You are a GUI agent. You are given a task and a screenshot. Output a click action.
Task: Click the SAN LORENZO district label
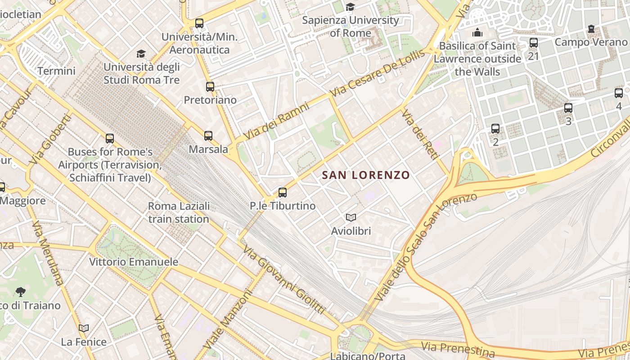pyautogui.click(x=366, y=175)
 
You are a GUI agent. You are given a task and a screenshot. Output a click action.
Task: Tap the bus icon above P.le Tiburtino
pyautogui.click(x=283, y=193)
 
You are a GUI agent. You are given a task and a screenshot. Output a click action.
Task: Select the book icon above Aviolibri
pyautogui.click(x=351, y=218)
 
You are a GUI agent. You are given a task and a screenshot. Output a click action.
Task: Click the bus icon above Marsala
pyautogui.click(x=208, y=135)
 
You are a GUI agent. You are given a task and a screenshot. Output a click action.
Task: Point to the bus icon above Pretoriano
pyautogui.click(x=210, y=86)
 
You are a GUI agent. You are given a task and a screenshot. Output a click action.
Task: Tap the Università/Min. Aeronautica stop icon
pyautogui.click(x=199, y=23)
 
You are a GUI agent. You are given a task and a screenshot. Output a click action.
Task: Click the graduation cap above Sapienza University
pyautogui.click(x=350, y=7)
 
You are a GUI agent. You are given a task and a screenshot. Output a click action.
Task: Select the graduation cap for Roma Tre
pyautogui.click(x=141, y=54)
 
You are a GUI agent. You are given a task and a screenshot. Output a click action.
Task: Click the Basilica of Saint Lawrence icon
pyautogui.click(x=477, y=32)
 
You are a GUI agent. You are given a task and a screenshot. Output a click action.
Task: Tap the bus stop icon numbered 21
pyautogui.click(x=534, y=43)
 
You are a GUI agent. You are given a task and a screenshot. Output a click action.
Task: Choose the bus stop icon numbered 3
pyautogui.click(x=568, y=108)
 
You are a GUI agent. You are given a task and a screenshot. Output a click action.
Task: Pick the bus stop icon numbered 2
pyautogui.click(x=495, y=129)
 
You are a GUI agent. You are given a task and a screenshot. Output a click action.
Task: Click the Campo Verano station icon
pyautogui.click(x=591, y=29)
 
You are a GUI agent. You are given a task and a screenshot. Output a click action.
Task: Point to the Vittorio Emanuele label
pyautogui.click(x=134, y=262)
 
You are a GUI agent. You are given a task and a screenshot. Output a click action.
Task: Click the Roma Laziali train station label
pyautogui.click(x=179, y=212)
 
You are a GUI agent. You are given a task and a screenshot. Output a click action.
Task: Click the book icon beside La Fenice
pyautogui.click(x=84, y=328)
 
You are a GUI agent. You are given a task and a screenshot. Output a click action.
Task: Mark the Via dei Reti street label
pyautogui.click(x=419, y=135)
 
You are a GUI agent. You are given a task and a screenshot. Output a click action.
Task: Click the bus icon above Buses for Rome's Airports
pyautogui.click(x=110, y=139)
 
